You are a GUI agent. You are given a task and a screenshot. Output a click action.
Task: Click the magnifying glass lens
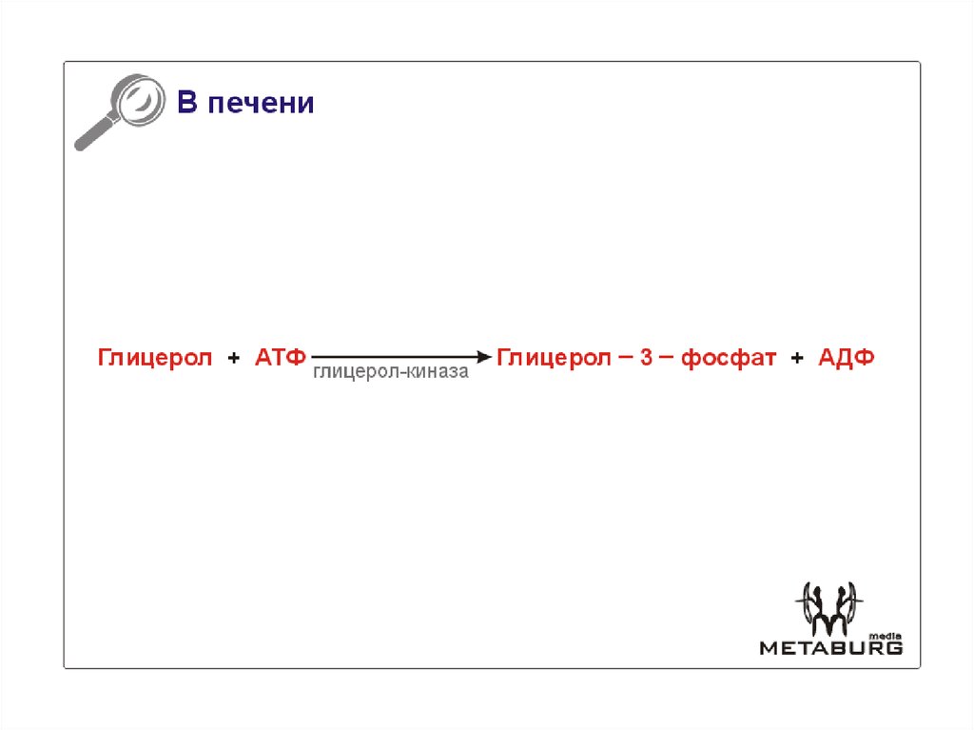134,99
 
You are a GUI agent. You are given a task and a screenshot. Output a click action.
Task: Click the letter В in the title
185,103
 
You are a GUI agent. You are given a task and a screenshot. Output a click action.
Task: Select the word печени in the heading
261,104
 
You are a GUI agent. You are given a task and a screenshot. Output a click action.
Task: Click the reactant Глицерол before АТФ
155,358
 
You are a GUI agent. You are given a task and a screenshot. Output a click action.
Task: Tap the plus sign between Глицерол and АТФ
234,359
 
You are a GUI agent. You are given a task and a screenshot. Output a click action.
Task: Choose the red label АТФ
280,358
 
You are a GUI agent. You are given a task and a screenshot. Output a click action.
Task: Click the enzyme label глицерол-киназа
391,373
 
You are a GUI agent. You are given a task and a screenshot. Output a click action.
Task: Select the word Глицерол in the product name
554,358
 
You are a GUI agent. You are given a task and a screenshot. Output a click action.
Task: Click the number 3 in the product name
646,358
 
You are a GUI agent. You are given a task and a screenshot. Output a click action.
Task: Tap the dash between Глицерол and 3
624,357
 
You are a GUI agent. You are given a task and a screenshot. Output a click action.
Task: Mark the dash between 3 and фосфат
666,357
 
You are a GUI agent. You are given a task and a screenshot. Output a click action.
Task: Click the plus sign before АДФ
797,359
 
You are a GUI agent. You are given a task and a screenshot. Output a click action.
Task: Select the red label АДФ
846,358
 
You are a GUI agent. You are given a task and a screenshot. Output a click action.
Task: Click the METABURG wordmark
830,648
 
